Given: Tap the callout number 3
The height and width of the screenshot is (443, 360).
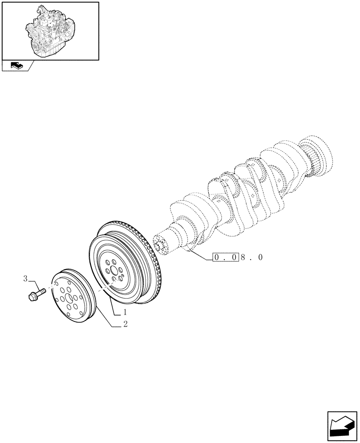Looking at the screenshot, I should pyautogui.click(x=26, y=279).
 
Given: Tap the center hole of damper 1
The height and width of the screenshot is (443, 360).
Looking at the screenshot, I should pyautogui.click(x=114, y=270).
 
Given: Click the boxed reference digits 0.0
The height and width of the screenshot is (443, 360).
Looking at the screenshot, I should pyautogui.click(x=226, y=257).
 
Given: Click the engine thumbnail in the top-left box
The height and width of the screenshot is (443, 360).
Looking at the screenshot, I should pyautogui.click(x=50, y=30).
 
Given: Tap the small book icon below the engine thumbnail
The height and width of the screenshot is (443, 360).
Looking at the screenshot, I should pyautogui.click(x=14, y=66).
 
